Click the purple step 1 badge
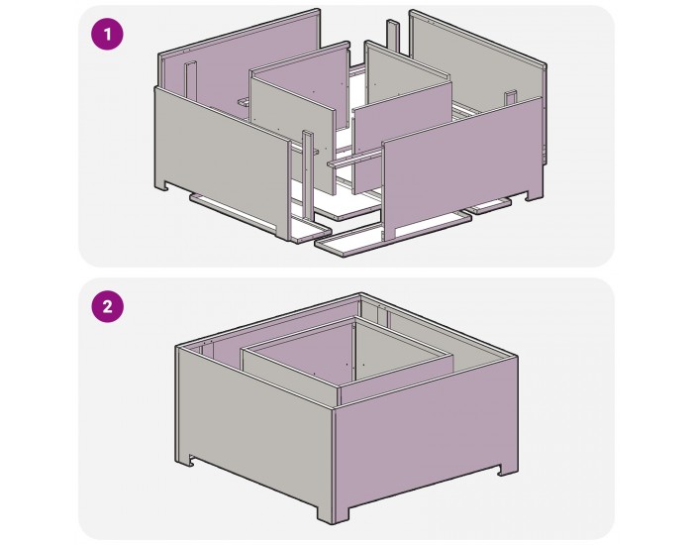[x=107, y=36]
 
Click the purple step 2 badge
[x=107, y=306]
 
